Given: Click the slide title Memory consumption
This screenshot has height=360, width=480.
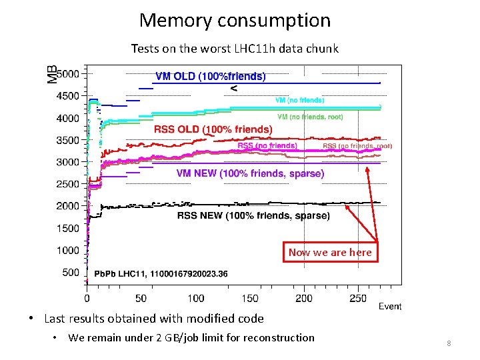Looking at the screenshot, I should coord(235,21).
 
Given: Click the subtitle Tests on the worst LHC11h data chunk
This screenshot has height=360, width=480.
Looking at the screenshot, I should coord(235,49).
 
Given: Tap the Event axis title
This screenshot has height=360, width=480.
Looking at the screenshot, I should coord(390,306).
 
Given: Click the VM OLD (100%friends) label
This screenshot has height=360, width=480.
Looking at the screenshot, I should coord(210,77).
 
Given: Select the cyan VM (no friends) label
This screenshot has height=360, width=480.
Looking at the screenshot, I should coord(300,100).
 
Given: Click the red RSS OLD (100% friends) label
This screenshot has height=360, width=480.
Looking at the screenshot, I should coord(213,129).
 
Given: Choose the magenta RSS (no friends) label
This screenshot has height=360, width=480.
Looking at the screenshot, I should coord(267,145).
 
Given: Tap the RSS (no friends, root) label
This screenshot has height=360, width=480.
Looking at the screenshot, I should coord(357,146).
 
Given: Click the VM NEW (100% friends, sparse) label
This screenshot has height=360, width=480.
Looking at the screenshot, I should coord(250,173).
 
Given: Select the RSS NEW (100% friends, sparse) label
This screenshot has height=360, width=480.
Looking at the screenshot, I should coord(253,215).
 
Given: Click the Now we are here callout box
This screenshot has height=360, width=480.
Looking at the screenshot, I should coord(330,252).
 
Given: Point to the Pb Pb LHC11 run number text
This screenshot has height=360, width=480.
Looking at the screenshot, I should coord(161,273).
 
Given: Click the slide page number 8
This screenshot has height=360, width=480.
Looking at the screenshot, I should coord(449,343).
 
